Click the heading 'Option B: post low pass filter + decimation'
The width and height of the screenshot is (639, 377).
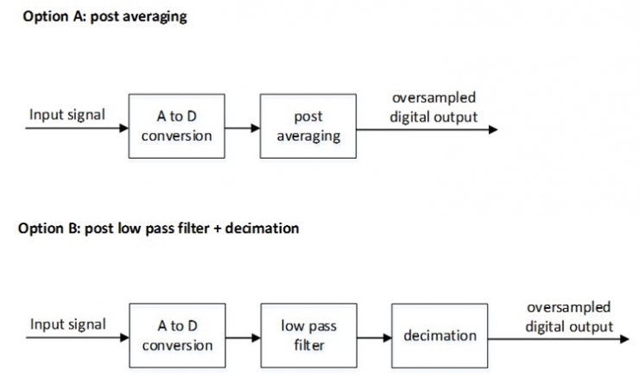pos(158,229)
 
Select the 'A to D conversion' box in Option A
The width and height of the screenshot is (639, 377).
pos(177,127)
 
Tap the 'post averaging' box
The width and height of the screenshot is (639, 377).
pos(308,127)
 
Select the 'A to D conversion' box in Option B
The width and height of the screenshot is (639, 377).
pos(177,336)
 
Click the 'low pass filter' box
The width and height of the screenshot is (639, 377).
pos(308,336)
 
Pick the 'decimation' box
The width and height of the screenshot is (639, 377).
pos(440,336)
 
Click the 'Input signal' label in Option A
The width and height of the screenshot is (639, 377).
pos(67,115)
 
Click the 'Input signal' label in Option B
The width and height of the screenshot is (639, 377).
pos(67,324)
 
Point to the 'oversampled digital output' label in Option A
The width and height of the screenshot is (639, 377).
pos(433,107)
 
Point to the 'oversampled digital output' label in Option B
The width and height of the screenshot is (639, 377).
pos(569,317)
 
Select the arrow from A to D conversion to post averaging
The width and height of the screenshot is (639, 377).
pos(243,128)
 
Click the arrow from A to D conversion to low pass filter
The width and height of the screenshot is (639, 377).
pos(243,337)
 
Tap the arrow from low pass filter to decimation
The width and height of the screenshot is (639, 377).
pos(374,337)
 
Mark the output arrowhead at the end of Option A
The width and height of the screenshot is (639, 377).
pos(493,129)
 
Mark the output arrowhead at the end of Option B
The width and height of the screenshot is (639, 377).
pos(624,338)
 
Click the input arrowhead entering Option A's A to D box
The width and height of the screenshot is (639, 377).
pos(123,128)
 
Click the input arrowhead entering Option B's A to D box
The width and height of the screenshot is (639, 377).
pos(123,337)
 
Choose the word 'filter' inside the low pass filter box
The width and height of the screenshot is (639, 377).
pos(308,344)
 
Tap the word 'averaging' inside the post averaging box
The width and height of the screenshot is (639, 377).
pos(308,136)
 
